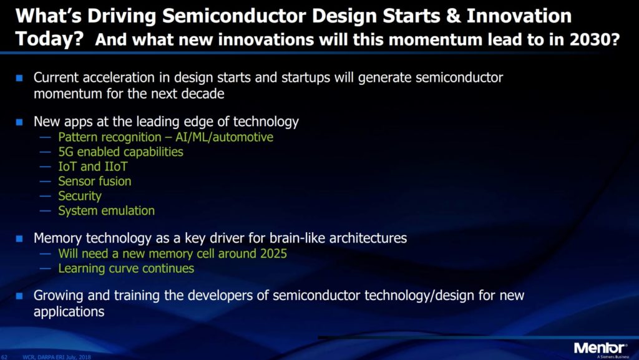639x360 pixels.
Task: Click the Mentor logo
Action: click(x=600, y=348)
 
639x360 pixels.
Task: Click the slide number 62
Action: click(x=6, y=356)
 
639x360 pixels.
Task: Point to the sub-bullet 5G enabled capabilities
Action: click(x=120, y=152)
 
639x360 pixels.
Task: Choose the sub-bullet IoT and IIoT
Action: click(x=92, y=167)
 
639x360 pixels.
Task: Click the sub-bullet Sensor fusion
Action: click(x=94, y=181)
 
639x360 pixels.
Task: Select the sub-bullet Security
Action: click(x=79, y=196)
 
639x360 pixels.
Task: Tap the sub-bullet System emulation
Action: click(x=106, y=211)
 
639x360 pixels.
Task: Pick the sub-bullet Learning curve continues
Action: click(x=126, y=268)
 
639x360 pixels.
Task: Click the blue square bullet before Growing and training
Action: click(x=19, y=295)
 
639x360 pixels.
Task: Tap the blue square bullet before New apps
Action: click(x=19, y=122)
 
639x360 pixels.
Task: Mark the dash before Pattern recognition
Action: click(x=46, y=137)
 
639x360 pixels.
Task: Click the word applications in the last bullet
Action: click(x=69, y=311)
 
